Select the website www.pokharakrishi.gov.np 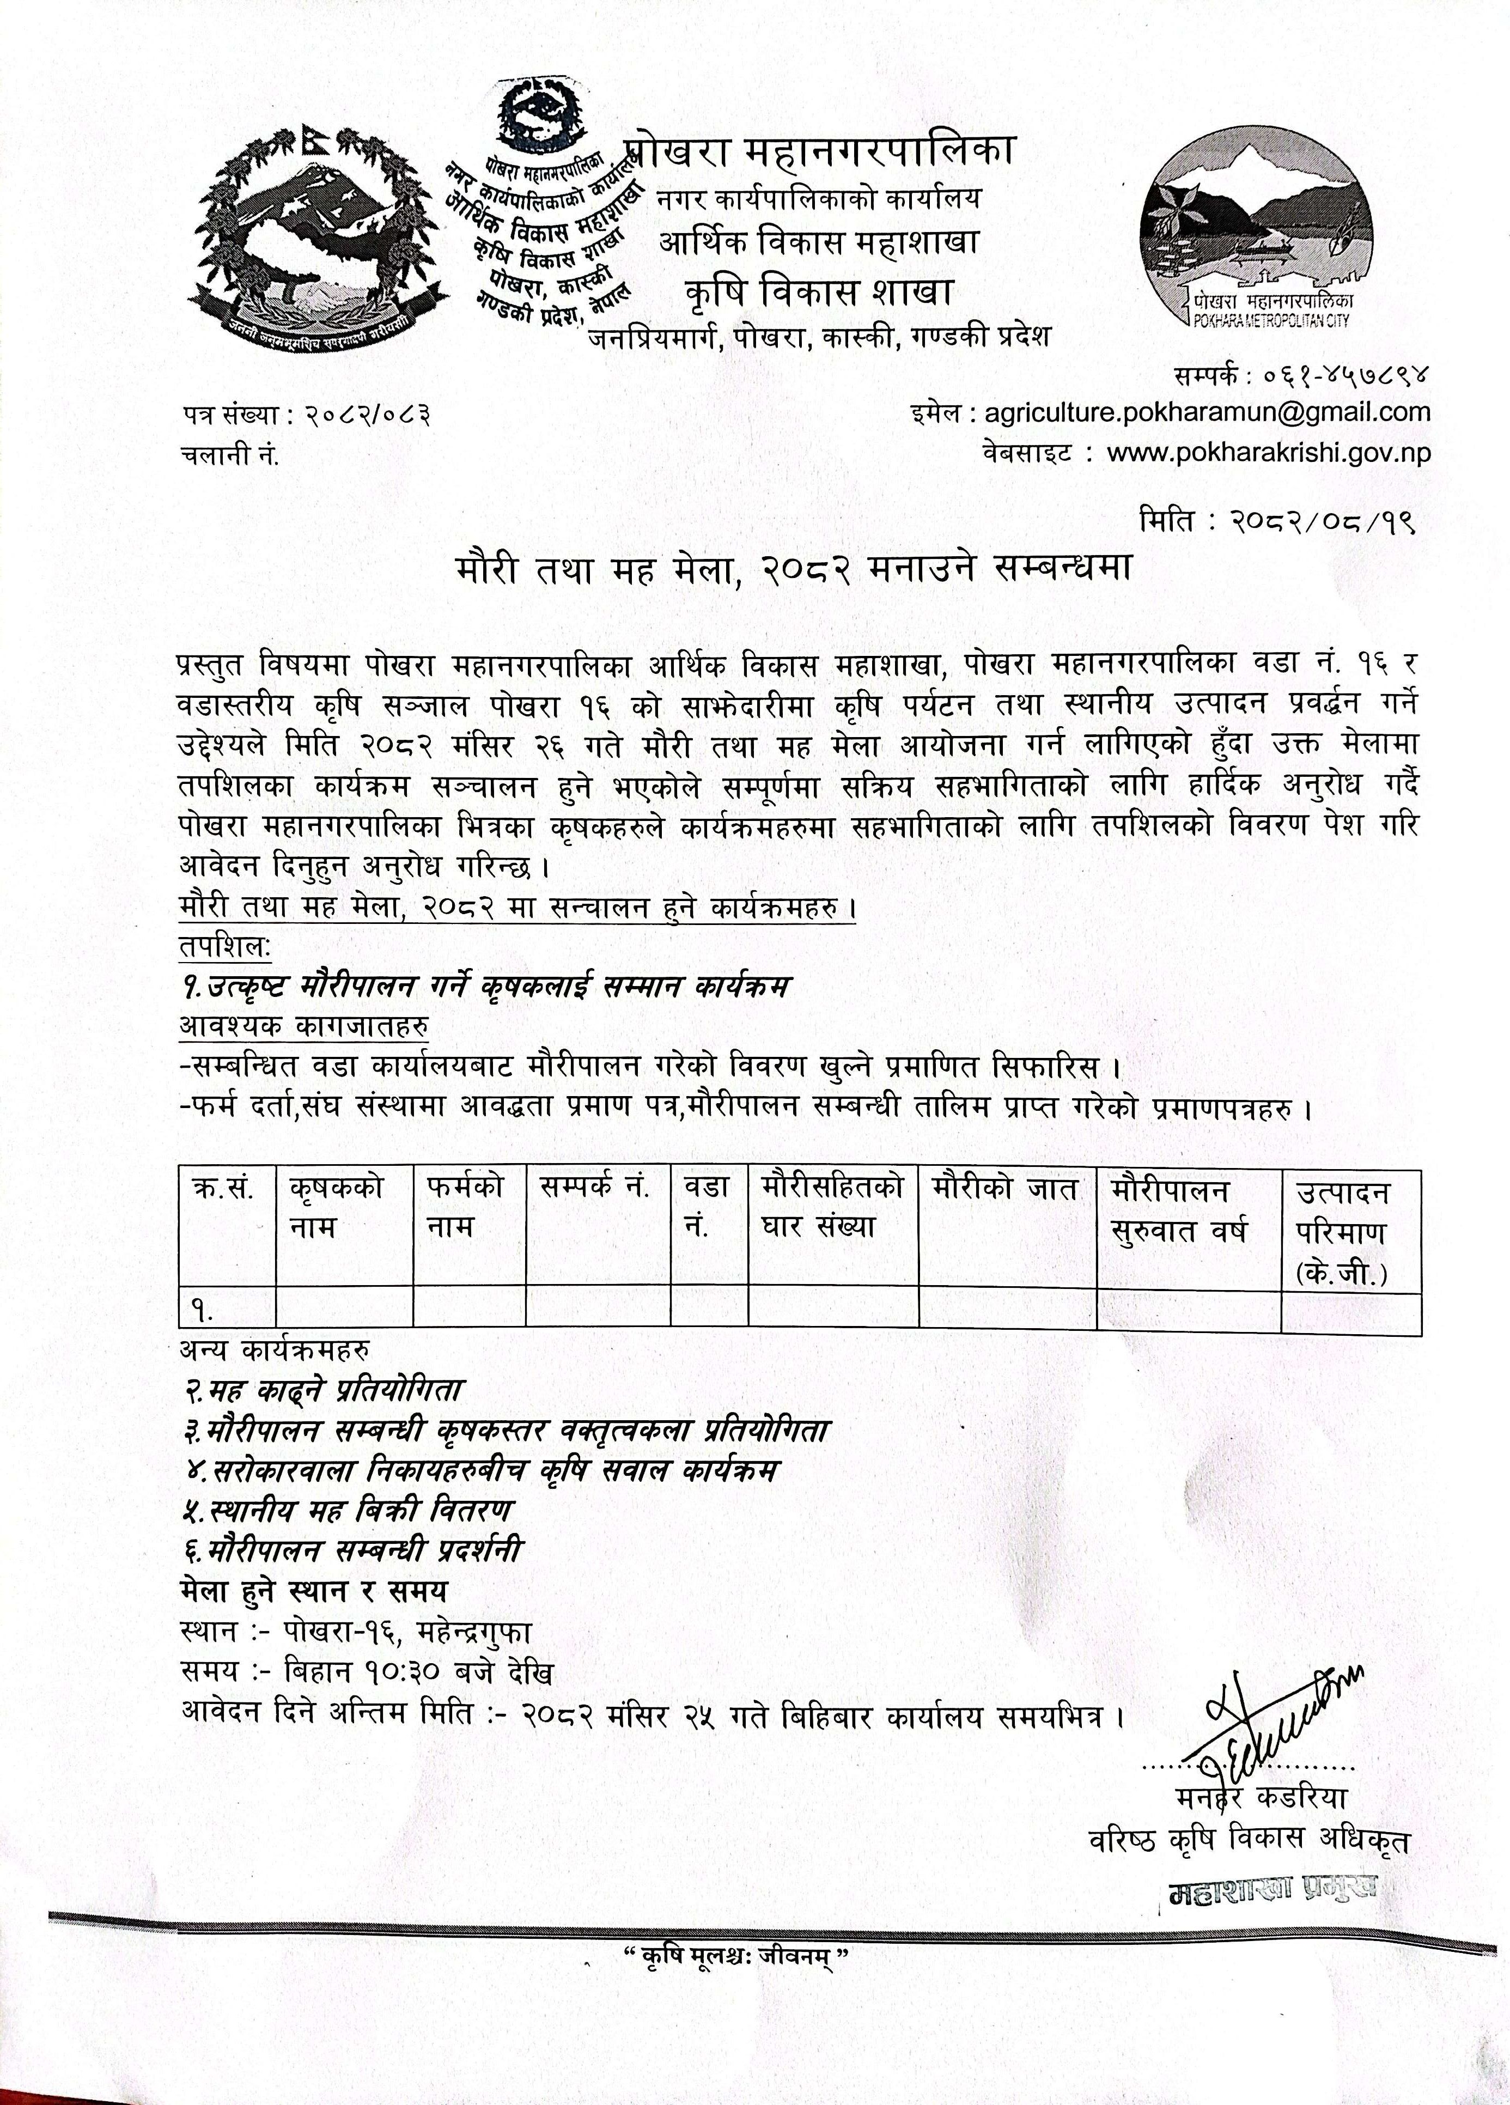coord(1270,453)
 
